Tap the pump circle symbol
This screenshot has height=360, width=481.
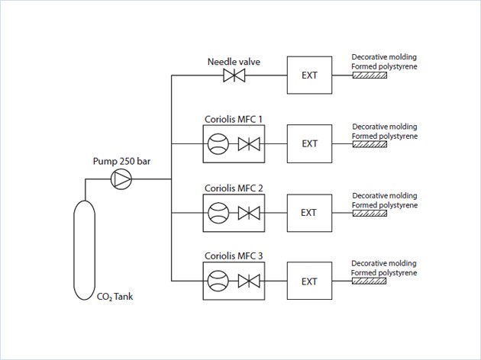coord(121,179)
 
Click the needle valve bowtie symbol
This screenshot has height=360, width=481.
coord(233,76)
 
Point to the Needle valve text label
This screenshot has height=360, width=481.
coord(233,61)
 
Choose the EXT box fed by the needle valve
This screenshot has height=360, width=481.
coord(309,75)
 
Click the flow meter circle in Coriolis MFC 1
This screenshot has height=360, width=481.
coord(218,143)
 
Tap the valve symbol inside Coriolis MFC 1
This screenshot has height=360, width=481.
coord(248,143)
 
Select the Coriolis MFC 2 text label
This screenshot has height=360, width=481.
coord(234,187)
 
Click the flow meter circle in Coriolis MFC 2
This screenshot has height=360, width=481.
coord(218,212)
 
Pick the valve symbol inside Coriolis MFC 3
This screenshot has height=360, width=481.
coord(248,281)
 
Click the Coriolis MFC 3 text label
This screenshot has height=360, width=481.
coord(234,256)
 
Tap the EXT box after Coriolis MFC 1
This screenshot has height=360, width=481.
coord(309,143)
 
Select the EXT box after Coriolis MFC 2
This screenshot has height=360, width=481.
coord(309,212)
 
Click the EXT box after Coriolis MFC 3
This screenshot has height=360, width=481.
coord(309,281)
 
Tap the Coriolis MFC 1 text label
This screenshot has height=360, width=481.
coord(234,118)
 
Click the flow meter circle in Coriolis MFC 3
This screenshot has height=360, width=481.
coord(218,281)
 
